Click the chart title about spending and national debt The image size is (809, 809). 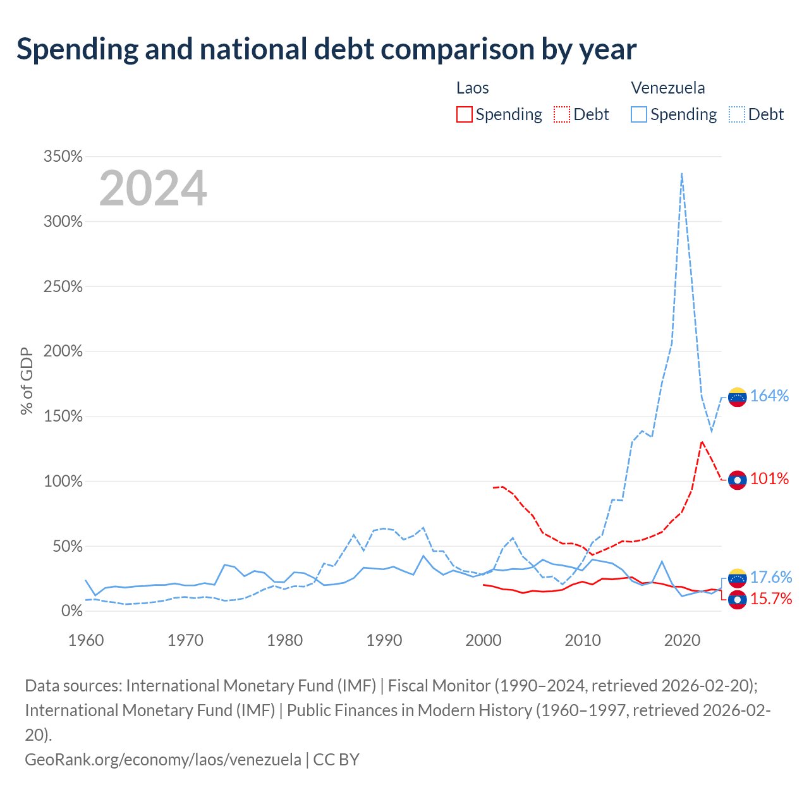coord(326,49)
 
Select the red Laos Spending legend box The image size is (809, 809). coord(464,114)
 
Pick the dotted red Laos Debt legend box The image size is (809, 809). coord(561,114)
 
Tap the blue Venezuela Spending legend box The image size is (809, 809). coord(638,114)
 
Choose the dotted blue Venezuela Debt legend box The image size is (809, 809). coord(736,114)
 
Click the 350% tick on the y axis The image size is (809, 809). coord(63,156)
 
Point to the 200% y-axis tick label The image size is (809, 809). coord(63,351)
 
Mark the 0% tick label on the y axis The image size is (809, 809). coord(72,611)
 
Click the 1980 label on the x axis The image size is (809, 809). coord(284,640)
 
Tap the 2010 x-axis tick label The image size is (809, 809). coord(582,640)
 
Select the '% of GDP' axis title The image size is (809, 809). coord(27,380)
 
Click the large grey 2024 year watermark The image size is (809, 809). coord(153,188)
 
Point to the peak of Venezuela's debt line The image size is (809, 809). coord(682,173)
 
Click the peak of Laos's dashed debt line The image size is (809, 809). coord(702,441)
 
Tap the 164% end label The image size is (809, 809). coord(769,396)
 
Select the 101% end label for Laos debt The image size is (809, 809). coord(769,478)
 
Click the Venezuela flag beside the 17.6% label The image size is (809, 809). coord(737,578)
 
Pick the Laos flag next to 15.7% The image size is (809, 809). coord(737,600)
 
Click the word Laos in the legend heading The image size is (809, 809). coord(472,88)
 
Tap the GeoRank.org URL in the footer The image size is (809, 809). coord(163,760)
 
